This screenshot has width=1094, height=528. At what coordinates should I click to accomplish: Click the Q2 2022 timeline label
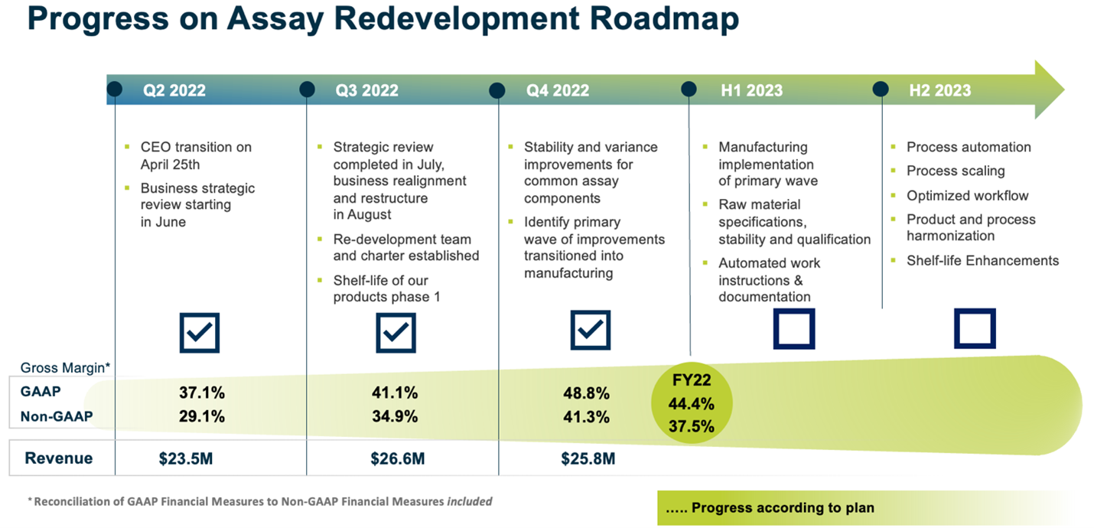click(174, 90)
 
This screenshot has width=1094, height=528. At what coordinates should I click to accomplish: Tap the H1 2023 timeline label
click(751, 90)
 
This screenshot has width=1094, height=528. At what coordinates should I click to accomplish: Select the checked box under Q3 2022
click(396, 332)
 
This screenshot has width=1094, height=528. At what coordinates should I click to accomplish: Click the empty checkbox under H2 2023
click(974, 328)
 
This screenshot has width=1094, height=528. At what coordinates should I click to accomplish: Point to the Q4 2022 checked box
click(590, 331)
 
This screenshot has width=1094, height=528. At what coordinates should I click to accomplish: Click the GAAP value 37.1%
click(203, 393)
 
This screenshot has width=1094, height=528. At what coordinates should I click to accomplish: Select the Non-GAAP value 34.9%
click(396, 417)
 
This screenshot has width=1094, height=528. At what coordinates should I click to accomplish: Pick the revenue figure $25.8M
click(588, 459)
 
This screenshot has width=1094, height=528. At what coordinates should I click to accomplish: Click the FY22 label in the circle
click(691, 380)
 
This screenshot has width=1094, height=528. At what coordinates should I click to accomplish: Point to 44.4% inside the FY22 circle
click(691, 403)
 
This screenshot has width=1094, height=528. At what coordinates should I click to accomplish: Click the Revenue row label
click(59, 458)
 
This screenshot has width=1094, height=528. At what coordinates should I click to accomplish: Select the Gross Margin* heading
click(65, 367)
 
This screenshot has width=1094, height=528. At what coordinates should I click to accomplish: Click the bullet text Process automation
click(969, 147)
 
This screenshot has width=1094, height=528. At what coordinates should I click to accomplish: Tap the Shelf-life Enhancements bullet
click(982, 260)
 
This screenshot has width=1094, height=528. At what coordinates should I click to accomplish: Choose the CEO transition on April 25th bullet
click(196, 155)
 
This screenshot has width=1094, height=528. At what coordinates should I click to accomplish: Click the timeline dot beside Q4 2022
click(498, 90)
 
